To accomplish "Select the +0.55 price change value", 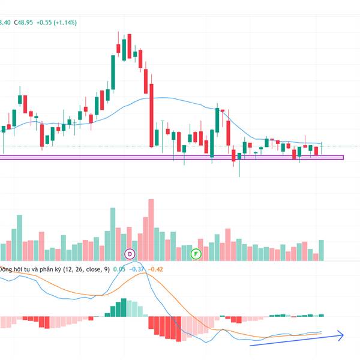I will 46,22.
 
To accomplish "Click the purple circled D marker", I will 129,254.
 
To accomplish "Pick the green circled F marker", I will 195,254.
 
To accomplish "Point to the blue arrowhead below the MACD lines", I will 341,334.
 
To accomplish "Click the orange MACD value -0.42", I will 155,269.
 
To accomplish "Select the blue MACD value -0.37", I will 138,269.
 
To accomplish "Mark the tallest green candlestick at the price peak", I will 113,72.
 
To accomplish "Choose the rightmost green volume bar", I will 321,250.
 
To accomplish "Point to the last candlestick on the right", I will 322,148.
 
